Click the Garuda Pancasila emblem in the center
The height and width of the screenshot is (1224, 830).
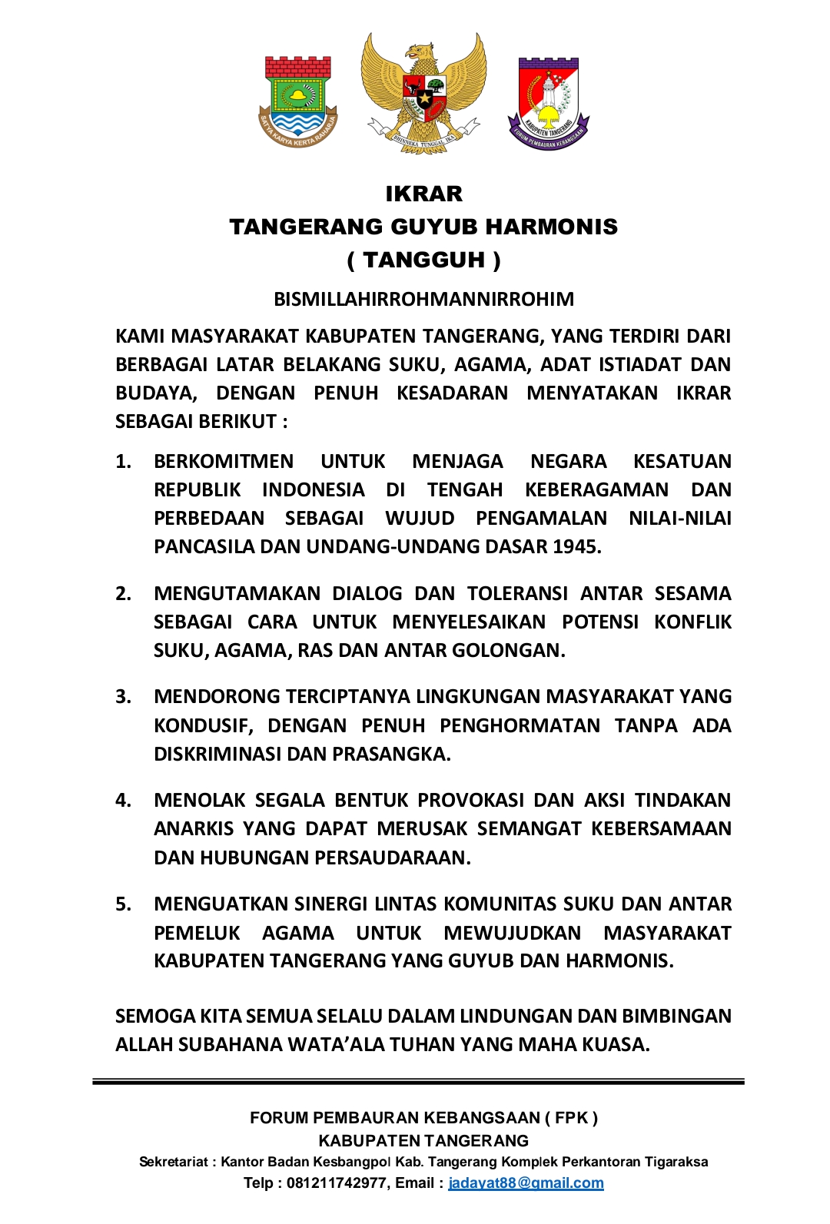pyautogui.click(x=423, y=92)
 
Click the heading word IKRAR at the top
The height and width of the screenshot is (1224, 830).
pyautogui.click(x=423, y=194)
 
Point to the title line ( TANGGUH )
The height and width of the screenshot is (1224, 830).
pyautogui.click(x=423, y=260)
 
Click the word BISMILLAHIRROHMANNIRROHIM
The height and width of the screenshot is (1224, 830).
pyautogui.click(x=423, y=299)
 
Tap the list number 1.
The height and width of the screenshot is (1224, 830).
pyautogui.click(x=123, y=461)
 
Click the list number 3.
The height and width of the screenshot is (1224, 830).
pyautogui.click(x=123, y=697)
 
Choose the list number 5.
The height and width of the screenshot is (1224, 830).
pyautogui.click(x=123, y=904)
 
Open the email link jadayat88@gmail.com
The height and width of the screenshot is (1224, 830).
pyautogui.click(x=526, y=1183)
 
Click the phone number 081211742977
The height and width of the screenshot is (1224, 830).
pyautogui.click(x=336, y=1183)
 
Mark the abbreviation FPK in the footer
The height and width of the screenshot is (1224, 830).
pyautogui.click(x=570, y=1118)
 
